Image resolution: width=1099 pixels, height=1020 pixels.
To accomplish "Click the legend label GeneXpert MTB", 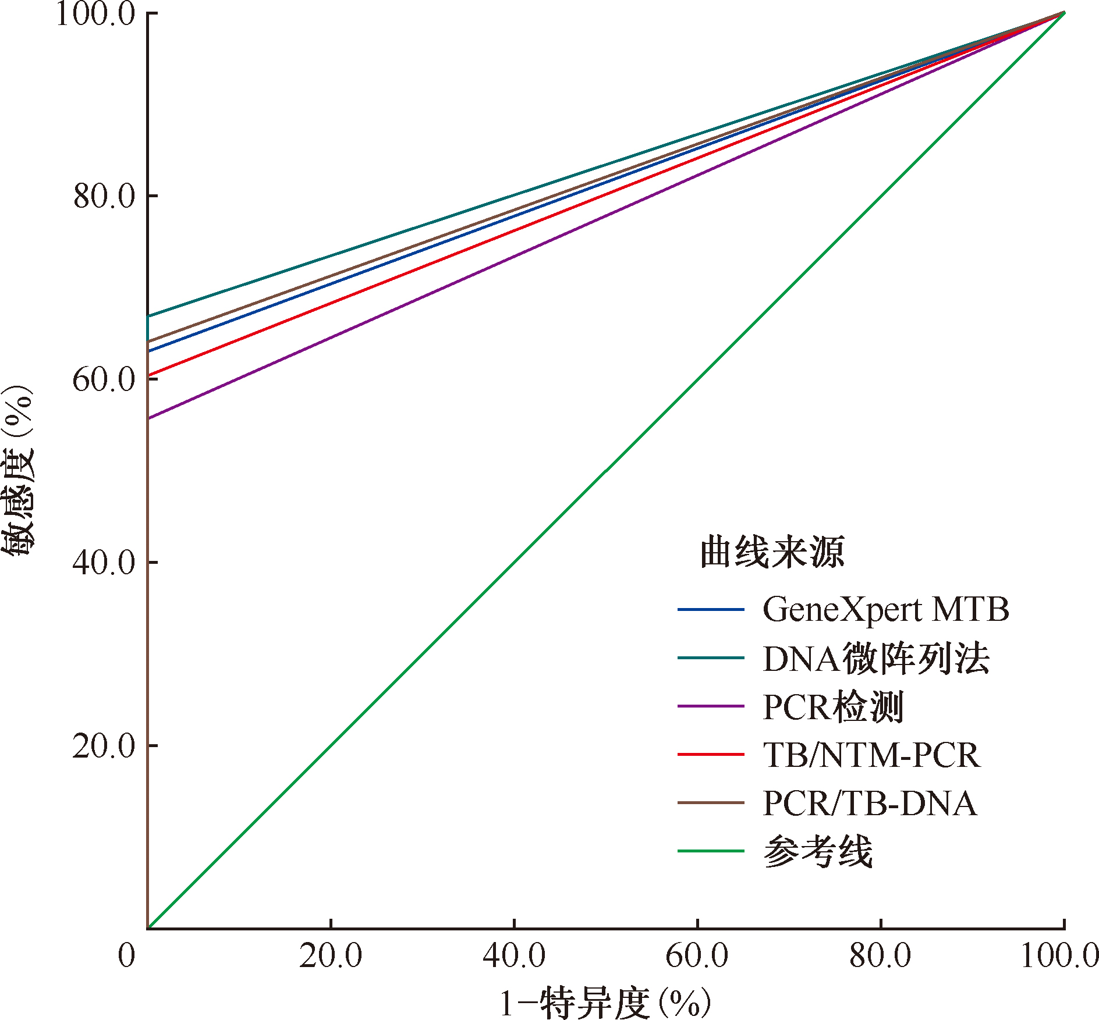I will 885,610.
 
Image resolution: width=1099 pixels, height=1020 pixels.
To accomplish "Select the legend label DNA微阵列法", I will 876,659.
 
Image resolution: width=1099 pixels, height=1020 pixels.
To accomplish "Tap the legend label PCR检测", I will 833,707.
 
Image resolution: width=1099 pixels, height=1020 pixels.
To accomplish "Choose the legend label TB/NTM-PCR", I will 871,755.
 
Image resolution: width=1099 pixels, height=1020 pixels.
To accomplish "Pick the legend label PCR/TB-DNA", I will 870,804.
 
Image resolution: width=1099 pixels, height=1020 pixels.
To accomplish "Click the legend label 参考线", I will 818,851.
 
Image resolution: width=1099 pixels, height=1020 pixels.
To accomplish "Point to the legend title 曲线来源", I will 772,552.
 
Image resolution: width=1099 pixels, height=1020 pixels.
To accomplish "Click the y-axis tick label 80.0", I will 104,196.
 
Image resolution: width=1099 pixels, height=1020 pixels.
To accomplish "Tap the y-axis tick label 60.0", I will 104,379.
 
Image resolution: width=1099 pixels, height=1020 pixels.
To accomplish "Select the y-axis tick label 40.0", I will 104,563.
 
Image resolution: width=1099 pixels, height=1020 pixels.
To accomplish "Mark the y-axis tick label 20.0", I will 104,745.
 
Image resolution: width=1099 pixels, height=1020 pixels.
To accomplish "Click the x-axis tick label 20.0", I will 331,956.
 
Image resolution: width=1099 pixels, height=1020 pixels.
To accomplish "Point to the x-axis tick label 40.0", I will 514,956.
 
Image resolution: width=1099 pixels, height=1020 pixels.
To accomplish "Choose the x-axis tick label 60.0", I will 697,956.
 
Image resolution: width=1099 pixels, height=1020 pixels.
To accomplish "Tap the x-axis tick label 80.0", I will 880,956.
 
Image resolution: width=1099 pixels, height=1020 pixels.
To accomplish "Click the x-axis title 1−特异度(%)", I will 605,1003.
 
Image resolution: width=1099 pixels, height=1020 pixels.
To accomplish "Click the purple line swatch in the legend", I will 711,706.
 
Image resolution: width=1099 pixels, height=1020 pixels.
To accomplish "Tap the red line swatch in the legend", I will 711,755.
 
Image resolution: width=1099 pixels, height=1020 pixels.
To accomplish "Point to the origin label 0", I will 126,956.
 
